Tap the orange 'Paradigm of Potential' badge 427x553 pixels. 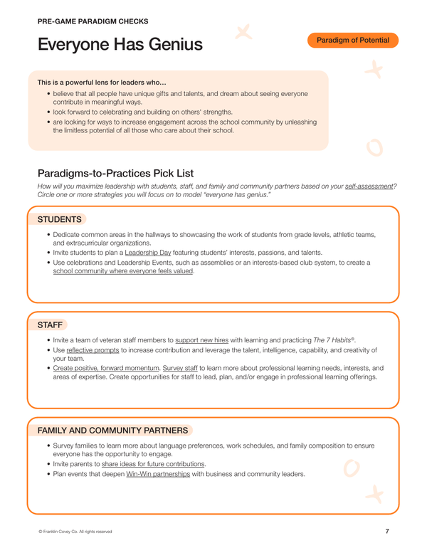tap(353, 41)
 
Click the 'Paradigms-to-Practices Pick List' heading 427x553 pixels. tap(115, 173)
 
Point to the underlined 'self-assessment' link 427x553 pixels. tap(369, 186)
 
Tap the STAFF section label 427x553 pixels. tap(50, 325)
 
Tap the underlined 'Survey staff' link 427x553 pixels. tap(183, 368)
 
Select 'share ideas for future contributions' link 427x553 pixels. tap(154, 464)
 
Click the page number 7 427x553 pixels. tap(386, 531)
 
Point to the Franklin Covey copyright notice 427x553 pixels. tap(75, 532)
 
